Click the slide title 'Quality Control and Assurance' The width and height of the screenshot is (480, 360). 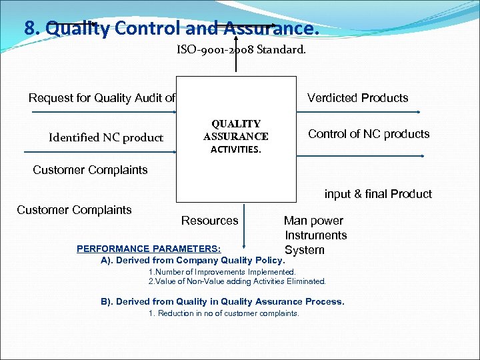point(172,28)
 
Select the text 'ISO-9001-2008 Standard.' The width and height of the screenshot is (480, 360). point(241,49)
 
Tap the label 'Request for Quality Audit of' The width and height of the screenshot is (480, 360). point(102,98)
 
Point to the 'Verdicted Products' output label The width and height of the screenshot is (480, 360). point(357,98)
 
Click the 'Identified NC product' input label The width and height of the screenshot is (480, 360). point(105,137)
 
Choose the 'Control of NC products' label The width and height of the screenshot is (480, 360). point(369,134)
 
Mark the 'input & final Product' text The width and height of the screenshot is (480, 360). point(378,194)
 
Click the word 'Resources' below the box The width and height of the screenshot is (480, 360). point(209,221)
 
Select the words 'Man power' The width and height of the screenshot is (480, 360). point(313,221)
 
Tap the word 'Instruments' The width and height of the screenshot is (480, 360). point(316,235)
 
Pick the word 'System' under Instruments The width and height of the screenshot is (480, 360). point(305,250)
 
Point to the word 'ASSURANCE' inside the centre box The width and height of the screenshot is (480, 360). point(236,137)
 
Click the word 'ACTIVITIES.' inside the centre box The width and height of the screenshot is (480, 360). point(236,149)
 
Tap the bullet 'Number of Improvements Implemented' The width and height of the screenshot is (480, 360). point(222,272)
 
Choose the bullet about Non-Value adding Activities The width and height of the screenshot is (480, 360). point(237,281)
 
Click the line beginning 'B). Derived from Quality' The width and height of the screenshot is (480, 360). point(223,301)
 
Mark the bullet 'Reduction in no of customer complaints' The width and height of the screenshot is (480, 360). point(224,313)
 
